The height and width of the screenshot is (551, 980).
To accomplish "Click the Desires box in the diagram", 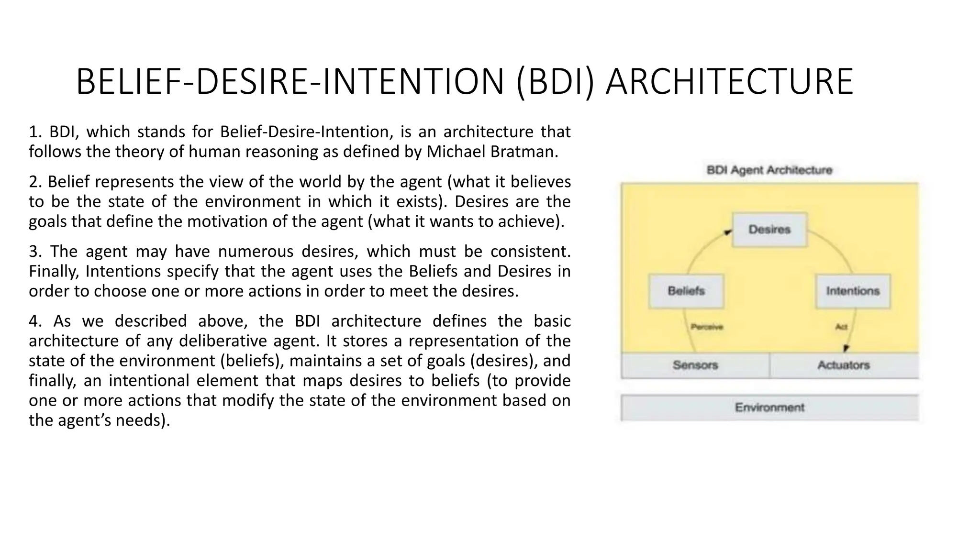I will pos(769,230).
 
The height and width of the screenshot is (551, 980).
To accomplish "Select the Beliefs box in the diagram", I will pos(686,291).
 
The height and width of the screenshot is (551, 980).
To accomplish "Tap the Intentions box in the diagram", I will pos(853,291).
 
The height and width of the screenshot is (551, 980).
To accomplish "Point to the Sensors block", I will pos(695,365).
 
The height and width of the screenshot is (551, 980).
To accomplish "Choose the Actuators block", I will pos(843,365).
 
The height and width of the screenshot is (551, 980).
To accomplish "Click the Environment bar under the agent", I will pos(769,408).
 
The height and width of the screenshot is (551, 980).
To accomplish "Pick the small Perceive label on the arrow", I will pos(707,327).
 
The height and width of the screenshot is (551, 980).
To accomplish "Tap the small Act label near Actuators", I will pos(841,327).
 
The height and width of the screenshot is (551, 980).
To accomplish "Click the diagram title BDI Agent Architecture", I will pos(769,170).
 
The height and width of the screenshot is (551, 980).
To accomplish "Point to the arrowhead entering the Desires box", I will pos(728,232).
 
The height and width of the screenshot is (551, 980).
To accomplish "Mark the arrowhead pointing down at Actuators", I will pos(846,349).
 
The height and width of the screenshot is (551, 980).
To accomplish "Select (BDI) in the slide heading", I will pos(556,82).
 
